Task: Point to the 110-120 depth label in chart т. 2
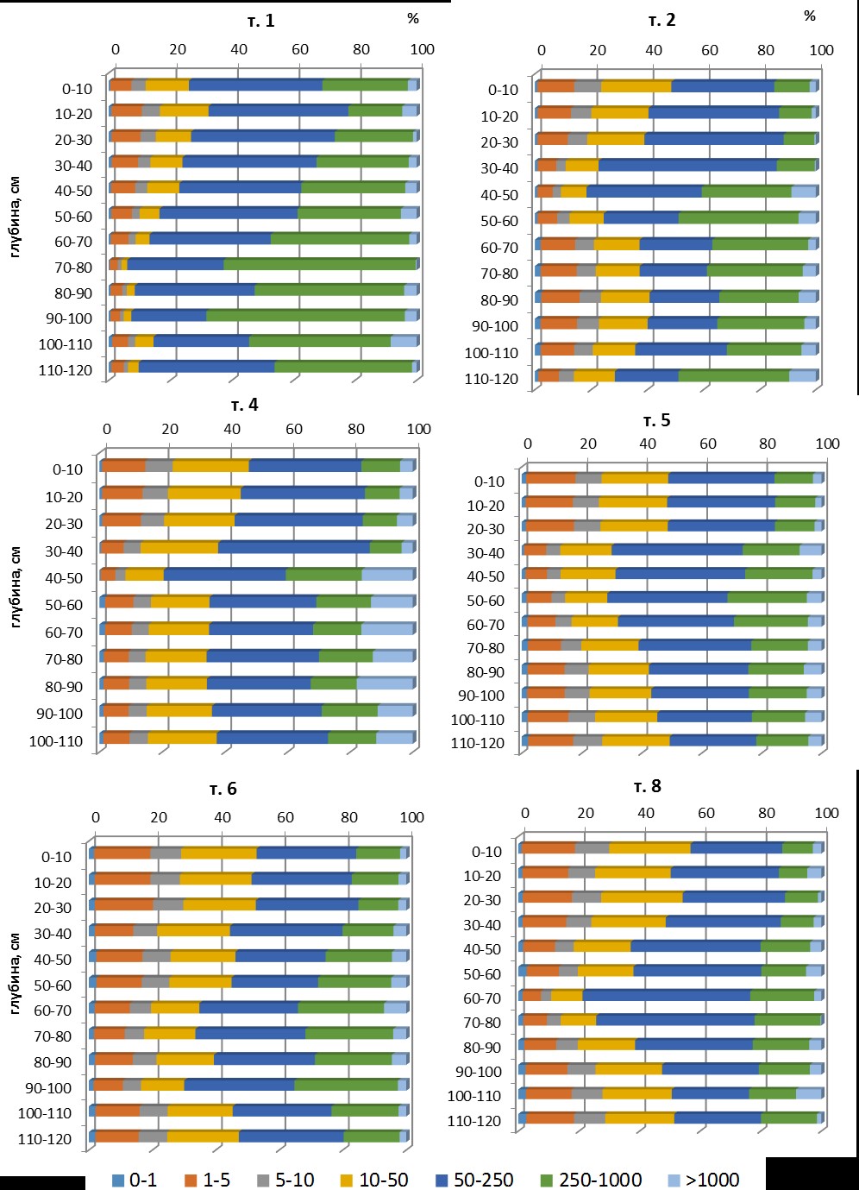click(x=492, y=379)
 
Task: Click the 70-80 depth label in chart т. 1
click(x=73, y=268)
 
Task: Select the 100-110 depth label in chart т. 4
click(x=56, y=741)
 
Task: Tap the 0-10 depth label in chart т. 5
click(x=489, y=482)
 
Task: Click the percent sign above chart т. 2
click(x=810, y=16)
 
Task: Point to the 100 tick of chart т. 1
click(x=423, y=49)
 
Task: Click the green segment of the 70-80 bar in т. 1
click(x=320, y=264)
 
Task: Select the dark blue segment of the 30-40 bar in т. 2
click(x=687, y=165)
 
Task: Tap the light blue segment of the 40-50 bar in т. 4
click(x=387, y=575)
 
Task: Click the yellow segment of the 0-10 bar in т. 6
click(x=219, y=853)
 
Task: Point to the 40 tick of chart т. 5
click(x=648, y=444)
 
